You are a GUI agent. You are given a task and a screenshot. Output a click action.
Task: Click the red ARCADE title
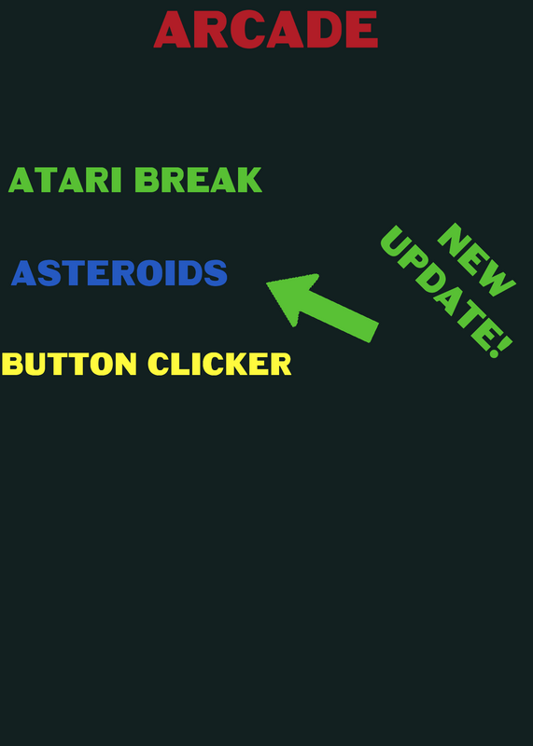pos(266,29)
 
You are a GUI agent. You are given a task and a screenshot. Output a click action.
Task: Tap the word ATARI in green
pos(65,180)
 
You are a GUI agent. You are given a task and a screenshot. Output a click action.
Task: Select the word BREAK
pos(198,180)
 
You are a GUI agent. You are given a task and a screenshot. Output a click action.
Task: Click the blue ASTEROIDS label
pos(119,273)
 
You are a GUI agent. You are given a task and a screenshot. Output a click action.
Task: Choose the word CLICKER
pos(219,365)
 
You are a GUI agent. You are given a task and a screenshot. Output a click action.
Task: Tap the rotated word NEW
pos(477,260)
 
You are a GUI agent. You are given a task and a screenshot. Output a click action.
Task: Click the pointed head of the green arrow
pos(267,283)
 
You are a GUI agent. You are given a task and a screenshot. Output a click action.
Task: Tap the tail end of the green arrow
pos(374,333)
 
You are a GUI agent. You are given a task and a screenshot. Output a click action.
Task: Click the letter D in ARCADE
pos(324,29)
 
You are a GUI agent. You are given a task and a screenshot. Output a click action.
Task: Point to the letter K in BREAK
pos(249,180)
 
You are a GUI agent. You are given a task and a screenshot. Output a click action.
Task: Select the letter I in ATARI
pos(117,180)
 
